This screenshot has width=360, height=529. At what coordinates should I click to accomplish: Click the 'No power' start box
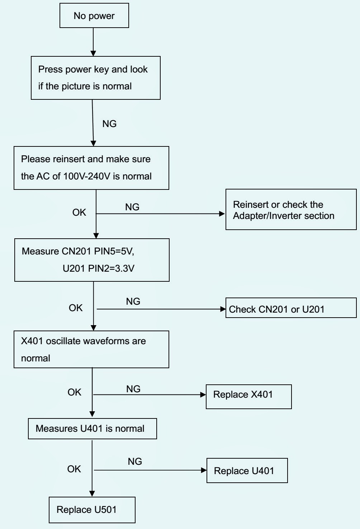tap(94, 15)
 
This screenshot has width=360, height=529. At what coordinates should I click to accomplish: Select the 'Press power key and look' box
tap(95, 78)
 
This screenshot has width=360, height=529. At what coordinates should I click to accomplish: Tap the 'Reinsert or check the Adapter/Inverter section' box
tap(291, 209)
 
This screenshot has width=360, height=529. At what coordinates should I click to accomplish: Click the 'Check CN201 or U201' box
tap(291, 308)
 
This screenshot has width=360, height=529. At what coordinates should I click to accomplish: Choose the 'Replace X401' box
tap(248, 397)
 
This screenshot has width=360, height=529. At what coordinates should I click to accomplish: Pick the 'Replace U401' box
tap(247, 471)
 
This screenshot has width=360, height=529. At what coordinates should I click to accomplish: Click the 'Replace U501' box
tap(92, 510)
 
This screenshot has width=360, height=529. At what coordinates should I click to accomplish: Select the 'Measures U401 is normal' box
tap(92, 429)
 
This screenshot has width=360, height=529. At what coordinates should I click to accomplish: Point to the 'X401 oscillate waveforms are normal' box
tap(91, 349)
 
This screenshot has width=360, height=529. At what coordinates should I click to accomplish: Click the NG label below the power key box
tap(109, 124)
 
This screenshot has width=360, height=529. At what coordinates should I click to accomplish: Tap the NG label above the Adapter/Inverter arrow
tap(132, 207)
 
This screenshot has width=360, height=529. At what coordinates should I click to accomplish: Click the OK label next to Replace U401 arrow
tap(74, 469)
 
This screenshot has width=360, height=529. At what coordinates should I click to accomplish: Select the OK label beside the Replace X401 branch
tap(74, 392)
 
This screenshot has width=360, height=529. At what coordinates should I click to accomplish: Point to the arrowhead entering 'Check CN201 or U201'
tap(223, 309)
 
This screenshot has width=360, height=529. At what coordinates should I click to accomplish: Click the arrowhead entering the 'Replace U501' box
tap(92, 493)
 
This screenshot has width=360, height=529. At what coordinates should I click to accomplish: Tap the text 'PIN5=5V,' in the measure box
tap(114, 251)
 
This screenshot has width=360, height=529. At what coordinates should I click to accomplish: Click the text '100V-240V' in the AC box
tap(87, 176)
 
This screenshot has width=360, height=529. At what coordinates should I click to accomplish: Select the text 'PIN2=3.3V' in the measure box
tap(111, 268)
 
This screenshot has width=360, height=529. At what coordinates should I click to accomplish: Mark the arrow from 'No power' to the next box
tap(93, 42)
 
